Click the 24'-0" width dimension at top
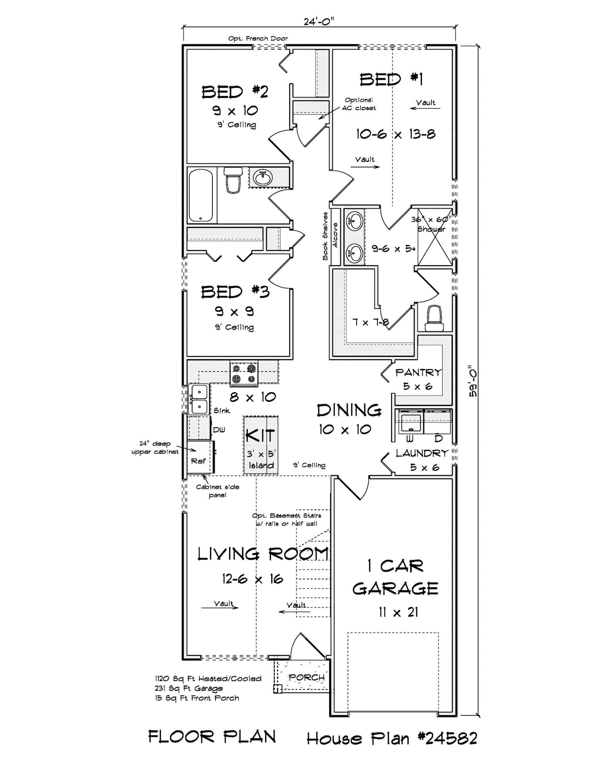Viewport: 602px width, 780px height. (x=319, y=21)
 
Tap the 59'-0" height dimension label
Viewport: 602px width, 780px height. (x=473, y=382)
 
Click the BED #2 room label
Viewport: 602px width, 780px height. (x=235, y=92)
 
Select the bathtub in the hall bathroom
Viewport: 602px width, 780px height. (x=201, y=195)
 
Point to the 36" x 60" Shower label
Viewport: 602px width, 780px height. (x=431, y=224)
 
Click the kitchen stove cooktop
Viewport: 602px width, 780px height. (x=244, y=373)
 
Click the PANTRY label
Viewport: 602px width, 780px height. (x=418, y=372)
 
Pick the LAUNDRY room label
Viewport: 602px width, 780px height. (x=422, y=453)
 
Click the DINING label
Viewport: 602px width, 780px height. (x=349, y=410)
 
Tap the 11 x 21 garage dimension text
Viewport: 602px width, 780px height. (x=398, y=612)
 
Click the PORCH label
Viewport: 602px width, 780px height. (x=306, y=677)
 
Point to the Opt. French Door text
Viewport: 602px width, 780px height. (x=258, y=38)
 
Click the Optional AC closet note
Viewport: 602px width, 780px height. (x=358, y=104)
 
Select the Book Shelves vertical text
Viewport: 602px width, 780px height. (x=325, y=236)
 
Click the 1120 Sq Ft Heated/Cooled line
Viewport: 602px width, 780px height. (x=208, y=678)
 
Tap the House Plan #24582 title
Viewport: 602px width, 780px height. (x=392, y=738)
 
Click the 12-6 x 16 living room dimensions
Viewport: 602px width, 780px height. (x=253, y=579)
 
